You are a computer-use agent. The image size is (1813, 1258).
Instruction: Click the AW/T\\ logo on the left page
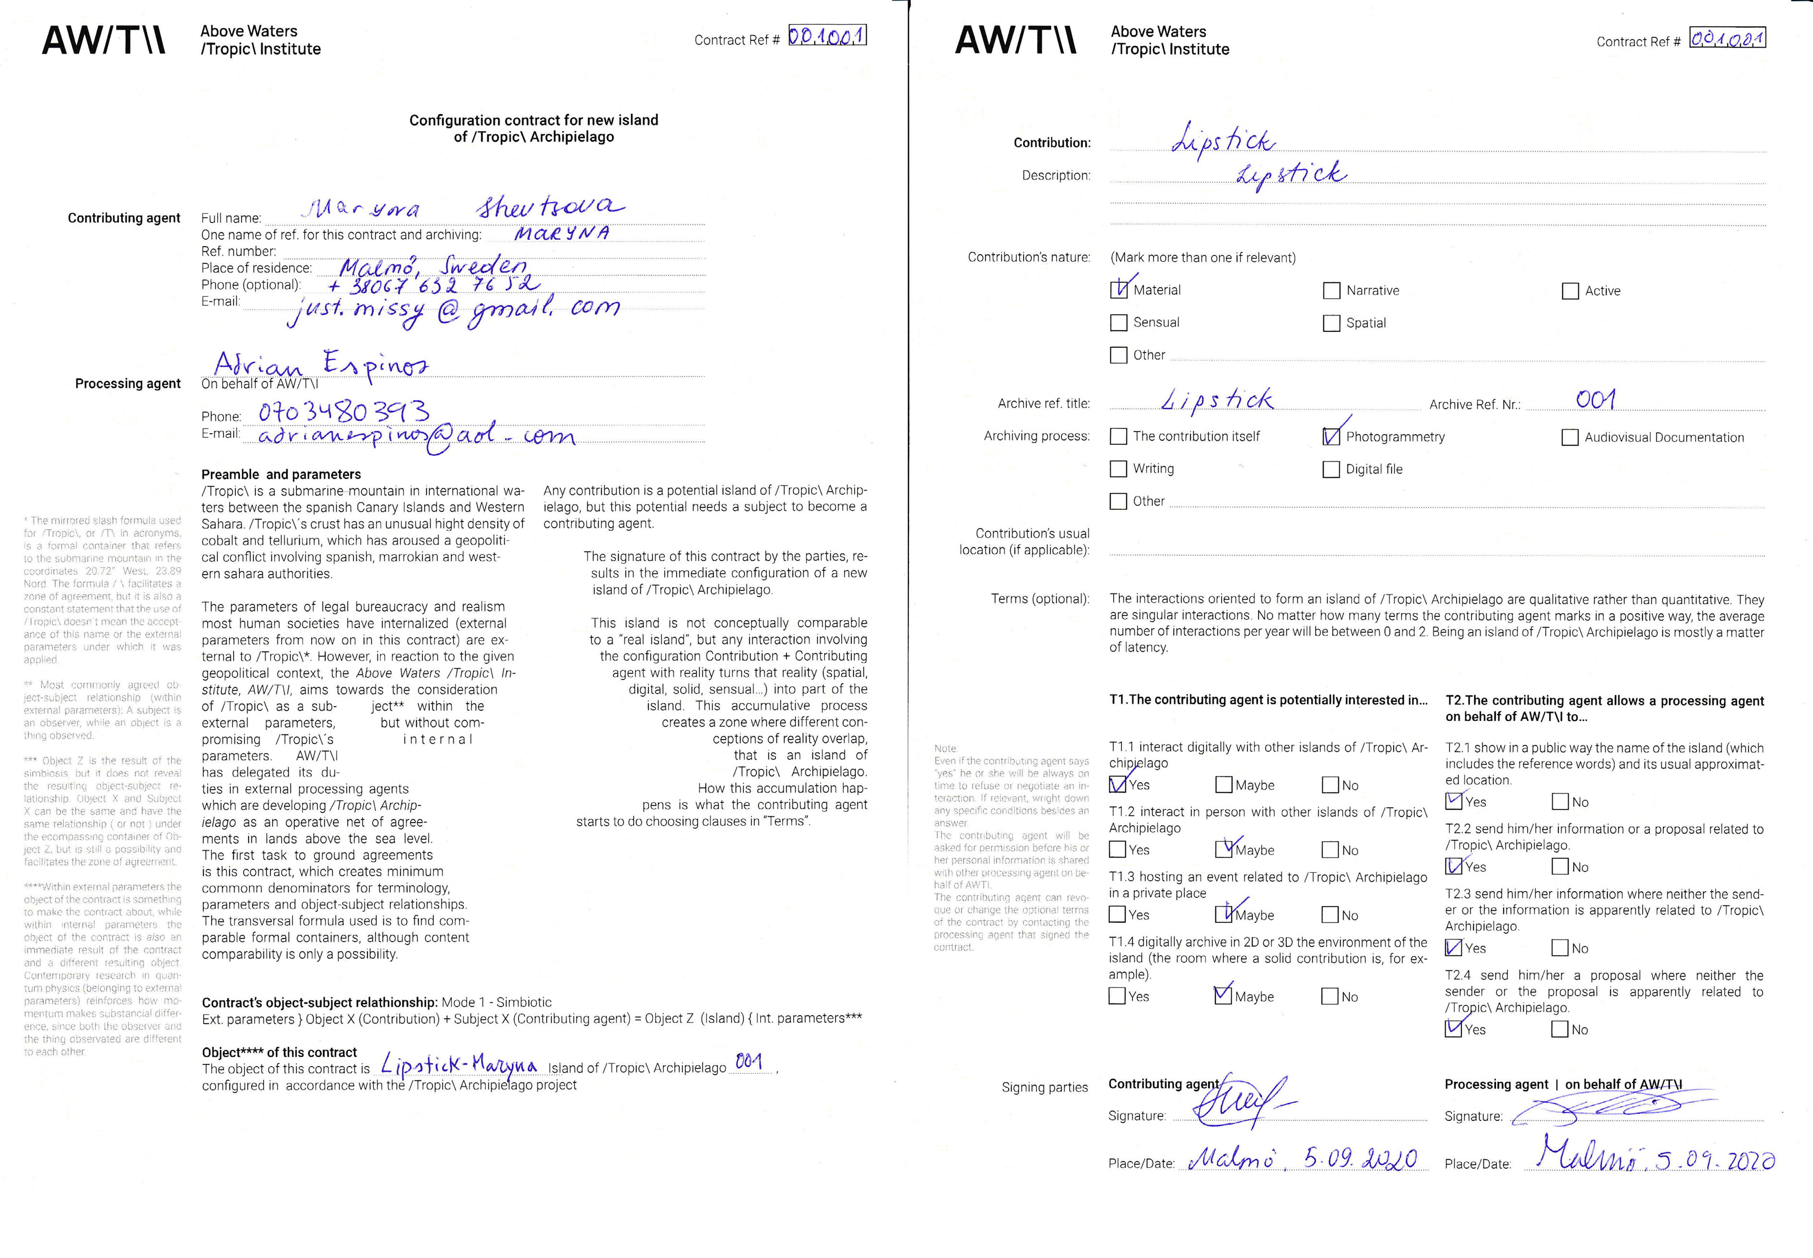103,40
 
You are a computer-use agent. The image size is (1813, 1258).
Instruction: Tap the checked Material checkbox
1118,290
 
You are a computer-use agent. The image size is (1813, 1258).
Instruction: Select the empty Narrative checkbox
1331,291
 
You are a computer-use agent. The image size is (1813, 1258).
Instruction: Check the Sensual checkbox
1118,322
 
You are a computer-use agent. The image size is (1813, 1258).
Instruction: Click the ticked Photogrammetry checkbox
1331,436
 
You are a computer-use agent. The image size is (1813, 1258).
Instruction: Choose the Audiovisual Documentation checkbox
1570,437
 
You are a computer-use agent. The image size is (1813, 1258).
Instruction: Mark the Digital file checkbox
1331,470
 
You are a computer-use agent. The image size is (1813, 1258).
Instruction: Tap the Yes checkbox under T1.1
1117,785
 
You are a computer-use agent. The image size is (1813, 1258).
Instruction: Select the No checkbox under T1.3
1330,915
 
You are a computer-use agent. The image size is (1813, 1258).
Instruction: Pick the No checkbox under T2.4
1560,1029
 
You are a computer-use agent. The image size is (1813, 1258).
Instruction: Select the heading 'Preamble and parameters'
282,474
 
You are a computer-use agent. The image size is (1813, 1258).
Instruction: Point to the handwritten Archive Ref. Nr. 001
1595,400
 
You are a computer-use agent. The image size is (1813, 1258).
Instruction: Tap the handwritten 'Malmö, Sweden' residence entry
433,266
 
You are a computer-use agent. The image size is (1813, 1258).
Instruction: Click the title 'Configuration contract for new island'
534,120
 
